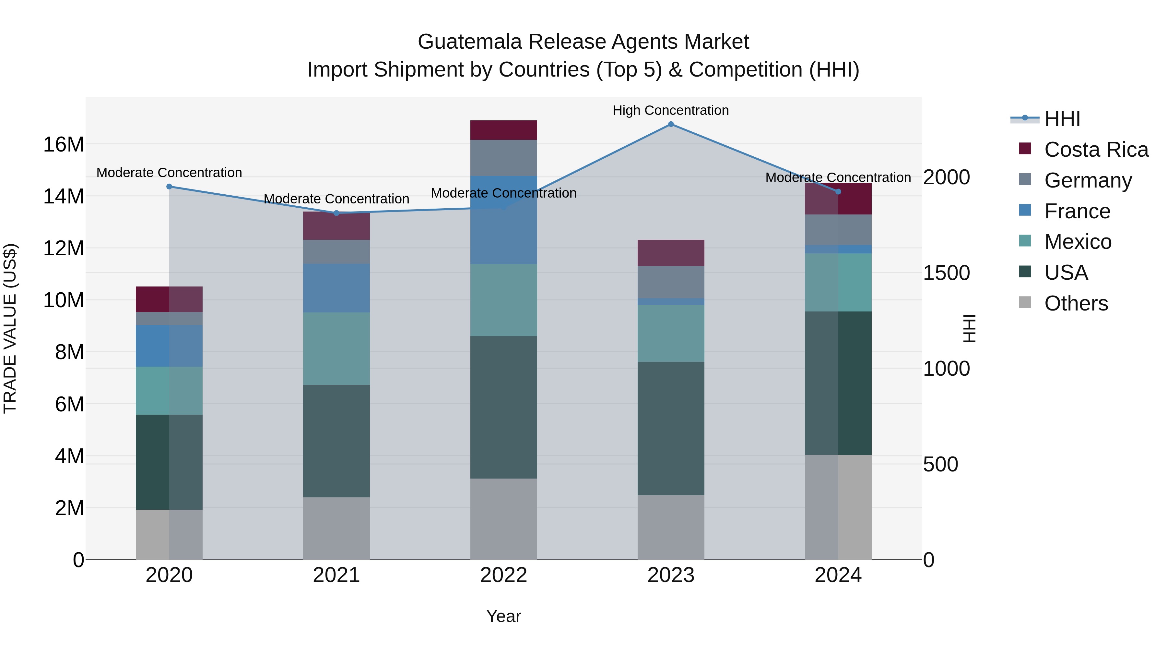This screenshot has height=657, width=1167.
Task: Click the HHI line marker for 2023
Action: click(x=671, y=124)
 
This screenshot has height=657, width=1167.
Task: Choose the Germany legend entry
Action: click(x=1088, y=180)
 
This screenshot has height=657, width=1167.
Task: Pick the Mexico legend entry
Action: click(x=1077, y=242)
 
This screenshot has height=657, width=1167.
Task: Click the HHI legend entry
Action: click(x=1062, y=119)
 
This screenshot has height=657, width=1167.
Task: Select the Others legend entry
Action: click(x=1076, y=303)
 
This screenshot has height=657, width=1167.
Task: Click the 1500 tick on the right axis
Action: click(x=946, y=273)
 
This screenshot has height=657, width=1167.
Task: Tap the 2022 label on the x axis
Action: click(x=503, y=575)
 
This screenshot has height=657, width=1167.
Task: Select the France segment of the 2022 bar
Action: click(x=503, y=220)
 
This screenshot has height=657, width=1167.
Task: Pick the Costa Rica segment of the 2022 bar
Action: click(x=503, y=130)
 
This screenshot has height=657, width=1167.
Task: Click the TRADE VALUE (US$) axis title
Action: click(x=10, y=328)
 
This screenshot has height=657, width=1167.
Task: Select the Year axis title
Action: click(x=503, y=617)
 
